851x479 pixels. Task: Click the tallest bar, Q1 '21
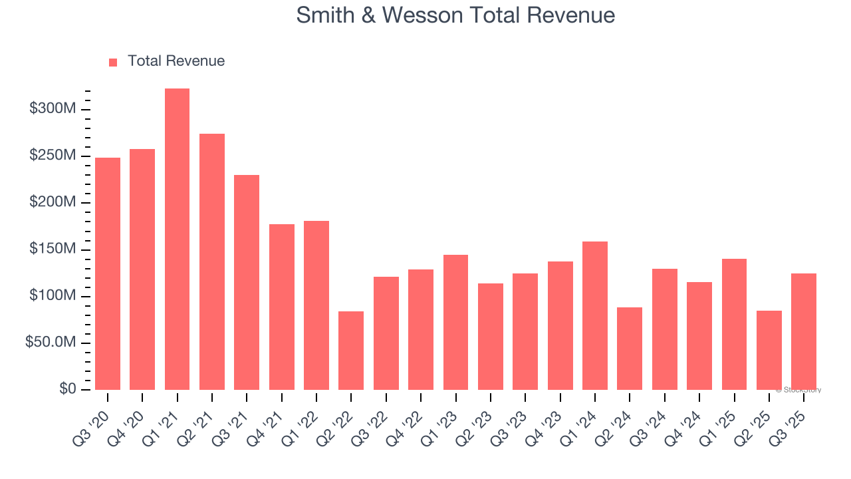(x=177, y=239)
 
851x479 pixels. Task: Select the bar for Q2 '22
(x=351, y=351)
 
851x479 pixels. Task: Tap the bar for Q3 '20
(x=108, y=273)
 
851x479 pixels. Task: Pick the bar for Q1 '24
(x=595, y=315)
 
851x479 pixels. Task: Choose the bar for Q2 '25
(x=769, y=350)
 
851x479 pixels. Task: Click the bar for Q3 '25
(x=804, y=331)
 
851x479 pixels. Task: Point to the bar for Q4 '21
(x=282, y=307)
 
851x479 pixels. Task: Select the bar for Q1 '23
(x=455, y=322)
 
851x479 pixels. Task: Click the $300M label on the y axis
(x=53, y=108)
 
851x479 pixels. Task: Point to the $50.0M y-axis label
(x=51, y=343)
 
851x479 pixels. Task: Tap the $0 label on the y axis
(x=68, y=389)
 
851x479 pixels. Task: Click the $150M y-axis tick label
(x=53, y=249)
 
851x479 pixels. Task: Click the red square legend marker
(x=113, y=62)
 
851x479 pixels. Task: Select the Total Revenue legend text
(x=176, y=61)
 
